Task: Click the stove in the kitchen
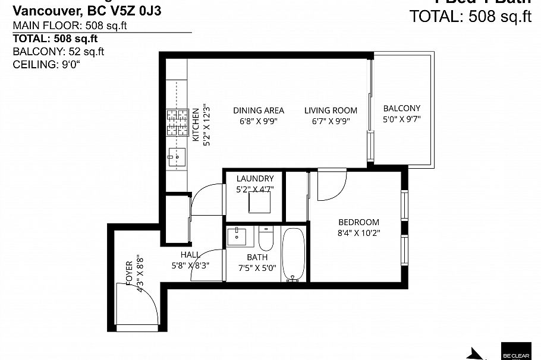177,123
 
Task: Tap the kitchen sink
177,158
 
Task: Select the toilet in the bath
265,239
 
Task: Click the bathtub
293,255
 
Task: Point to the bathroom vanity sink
239,236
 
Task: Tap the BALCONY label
401,108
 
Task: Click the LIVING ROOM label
331,110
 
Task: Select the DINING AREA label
258,110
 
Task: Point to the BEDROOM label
358,222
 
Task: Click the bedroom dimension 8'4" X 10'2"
358,233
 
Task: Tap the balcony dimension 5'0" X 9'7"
401,119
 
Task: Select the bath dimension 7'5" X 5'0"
257,268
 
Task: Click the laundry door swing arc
207,199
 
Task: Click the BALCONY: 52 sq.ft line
58,52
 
